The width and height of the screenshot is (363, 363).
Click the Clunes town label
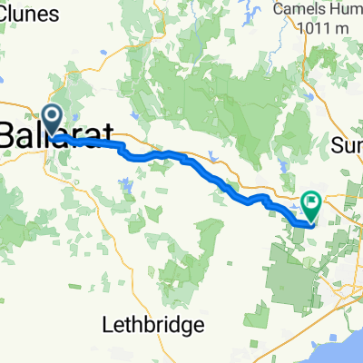click(30, 14)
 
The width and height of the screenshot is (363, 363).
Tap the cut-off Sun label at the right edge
click(348, 145)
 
